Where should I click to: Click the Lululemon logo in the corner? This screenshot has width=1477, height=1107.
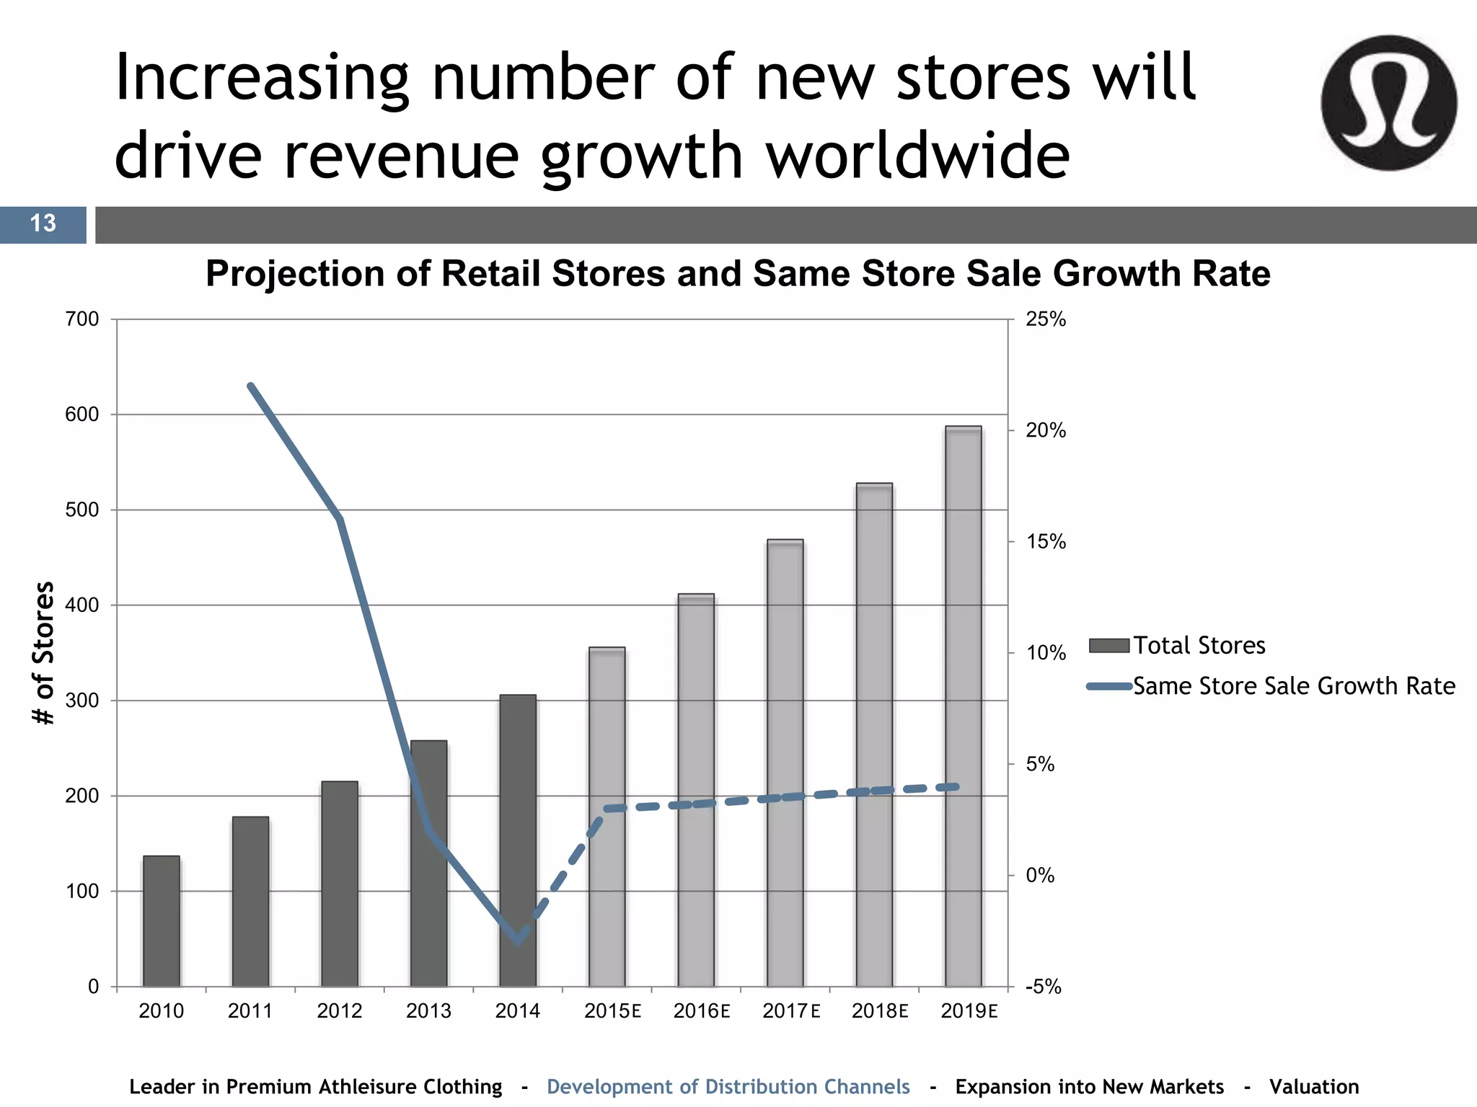[1388, 103]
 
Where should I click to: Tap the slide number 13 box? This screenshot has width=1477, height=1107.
[43, 224]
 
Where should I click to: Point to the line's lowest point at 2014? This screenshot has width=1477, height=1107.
[518, 941]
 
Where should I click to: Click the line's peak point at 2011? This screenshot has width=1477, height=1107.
[250, 386]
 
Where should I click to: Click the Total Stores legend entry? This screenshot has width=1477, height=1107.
[1177, 645]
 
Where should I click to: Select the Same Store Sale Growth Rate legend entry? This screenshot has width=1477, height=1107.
[1271, 686]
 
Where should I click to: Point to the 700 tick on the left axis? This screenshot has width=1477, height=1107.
[82, 319]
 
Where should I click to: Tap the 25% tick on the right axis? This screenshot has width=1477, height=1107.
[1045, 319]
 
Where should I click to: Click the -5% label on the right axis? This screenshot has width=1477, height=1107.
[1043, 987]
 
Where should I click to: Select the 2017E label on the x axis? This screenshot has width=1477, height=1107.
[791, 1011]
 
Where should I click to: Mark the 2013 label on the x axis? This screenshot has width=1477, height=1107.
[428, 1011]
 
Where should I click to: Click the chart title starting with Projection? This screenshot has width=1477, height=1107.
[737, 274]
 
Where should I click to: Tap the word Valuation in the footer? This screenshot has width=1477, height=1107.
[1313, 1087]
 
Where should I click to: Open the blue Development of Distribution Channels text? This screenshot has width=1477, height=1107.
[728, 1087]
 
